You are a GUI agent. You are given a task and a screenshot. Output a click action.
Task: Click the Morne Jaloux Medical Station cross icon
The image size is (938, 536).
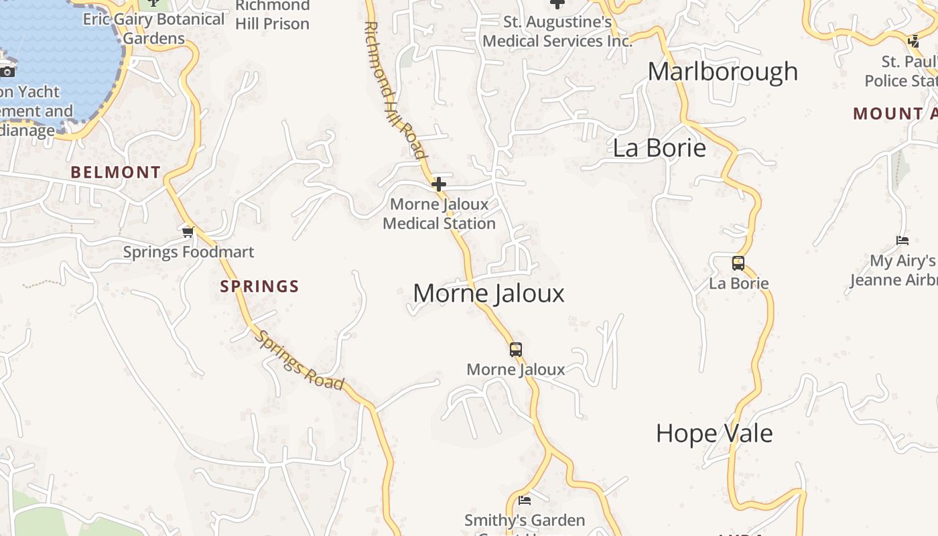point(439,184)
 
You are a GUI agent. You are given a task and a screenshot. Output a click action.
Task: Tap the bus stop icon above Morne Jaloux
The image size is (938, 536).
point(515,349)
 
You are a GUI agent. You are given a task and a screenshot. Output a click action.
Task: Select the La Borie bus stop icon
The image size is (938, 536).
point(738,263)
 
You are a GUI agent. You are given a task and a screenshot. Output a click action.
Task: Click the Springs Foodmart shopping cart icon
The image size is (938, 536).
point(188,232)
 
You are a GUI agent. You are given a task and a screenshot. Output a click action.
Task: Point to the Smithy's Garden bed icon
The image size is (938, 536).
point(525,500)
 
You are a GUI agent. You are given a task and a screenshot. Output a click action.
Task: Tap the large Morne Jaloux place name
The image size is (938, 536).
point(488,293)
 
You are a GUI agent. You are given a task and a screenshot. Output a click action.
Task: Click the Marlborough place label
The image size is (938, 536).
point(722,72)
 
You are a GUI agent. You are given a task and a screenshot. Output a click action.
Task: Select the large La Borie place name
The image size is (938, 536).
point(659,148)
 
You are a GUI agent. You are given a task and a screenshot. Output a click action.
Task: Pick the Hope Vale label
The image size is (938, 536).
point(714,433)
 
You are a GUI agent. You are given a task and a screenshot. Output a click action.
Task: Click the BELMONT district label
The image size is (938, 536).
point(116,172)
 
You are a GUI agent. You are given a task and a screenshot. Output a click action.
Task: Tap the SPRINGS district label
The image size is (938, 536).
point(259,287)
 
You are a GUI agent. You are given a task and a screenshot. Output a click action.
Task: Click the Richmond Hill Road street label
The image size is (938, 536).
point(395,90)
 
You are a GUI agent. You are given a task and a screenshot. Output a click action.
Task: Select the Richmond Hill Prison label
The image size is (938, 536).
point(272,15)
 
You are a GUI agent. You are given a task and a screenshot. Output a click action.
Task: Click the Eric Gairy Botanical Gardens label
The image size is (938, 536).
point(153,28)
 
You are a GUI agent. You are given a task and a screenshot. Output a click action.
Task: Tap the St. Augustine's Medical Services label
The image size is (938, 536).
point(557,31)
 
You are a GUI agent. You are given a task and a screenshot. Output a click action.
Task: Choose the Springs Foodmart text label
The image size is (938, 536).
point(188,252)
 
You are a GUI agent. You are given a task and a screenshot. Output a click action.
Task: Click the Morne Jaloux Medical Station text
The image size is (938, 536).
point(439,214)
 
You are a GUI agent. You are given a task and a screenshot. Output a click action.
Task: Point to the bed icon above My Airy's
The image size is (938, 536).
point(902,241)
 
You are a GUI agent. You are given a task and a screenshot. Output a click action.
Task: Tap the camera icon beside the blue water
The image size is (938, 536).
point(7,71)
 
